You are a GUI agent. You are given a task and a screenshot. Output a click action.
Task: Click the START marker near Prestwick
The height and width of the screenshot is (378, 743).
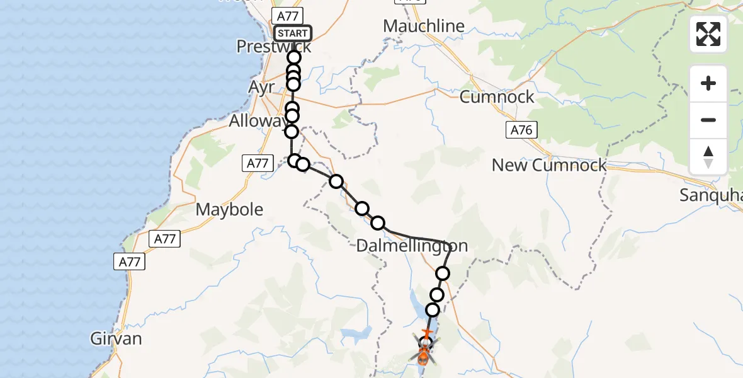click(293, 33)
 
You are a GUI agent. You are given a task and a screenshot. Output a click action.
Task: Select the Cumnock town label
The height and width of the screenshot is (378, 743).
click(497, 97)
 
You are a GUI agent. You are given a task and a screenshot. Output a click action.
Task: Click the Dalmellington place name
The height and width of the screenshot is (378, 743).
click(412, 246)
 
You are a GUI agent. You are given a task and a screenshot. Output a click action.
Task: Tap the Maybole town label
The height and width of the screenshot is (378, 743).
click(230, 209)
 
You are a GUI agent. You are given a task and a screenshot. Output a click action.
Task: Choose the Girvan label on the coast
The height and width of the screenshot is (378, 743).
click(116, 339)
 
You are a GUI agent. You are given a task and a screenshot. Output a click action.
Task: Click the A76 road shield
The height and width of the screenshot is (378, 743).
click(521, 130)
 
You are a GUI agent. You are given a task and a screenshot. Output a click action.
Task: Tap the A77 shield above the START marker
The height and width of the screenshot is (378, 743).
click(287, 16)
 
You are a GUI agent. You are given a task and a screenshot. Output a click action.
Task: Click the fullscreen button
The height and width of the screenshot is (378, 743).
click(708, 34)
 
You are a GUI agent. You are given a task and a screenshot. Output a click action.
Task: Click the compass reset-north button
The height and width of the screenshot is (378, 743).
click(708, 156)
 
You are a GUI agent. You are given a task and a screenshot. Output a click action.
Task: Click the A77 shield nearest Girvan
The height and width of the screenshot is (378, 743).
click(130, 261)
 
